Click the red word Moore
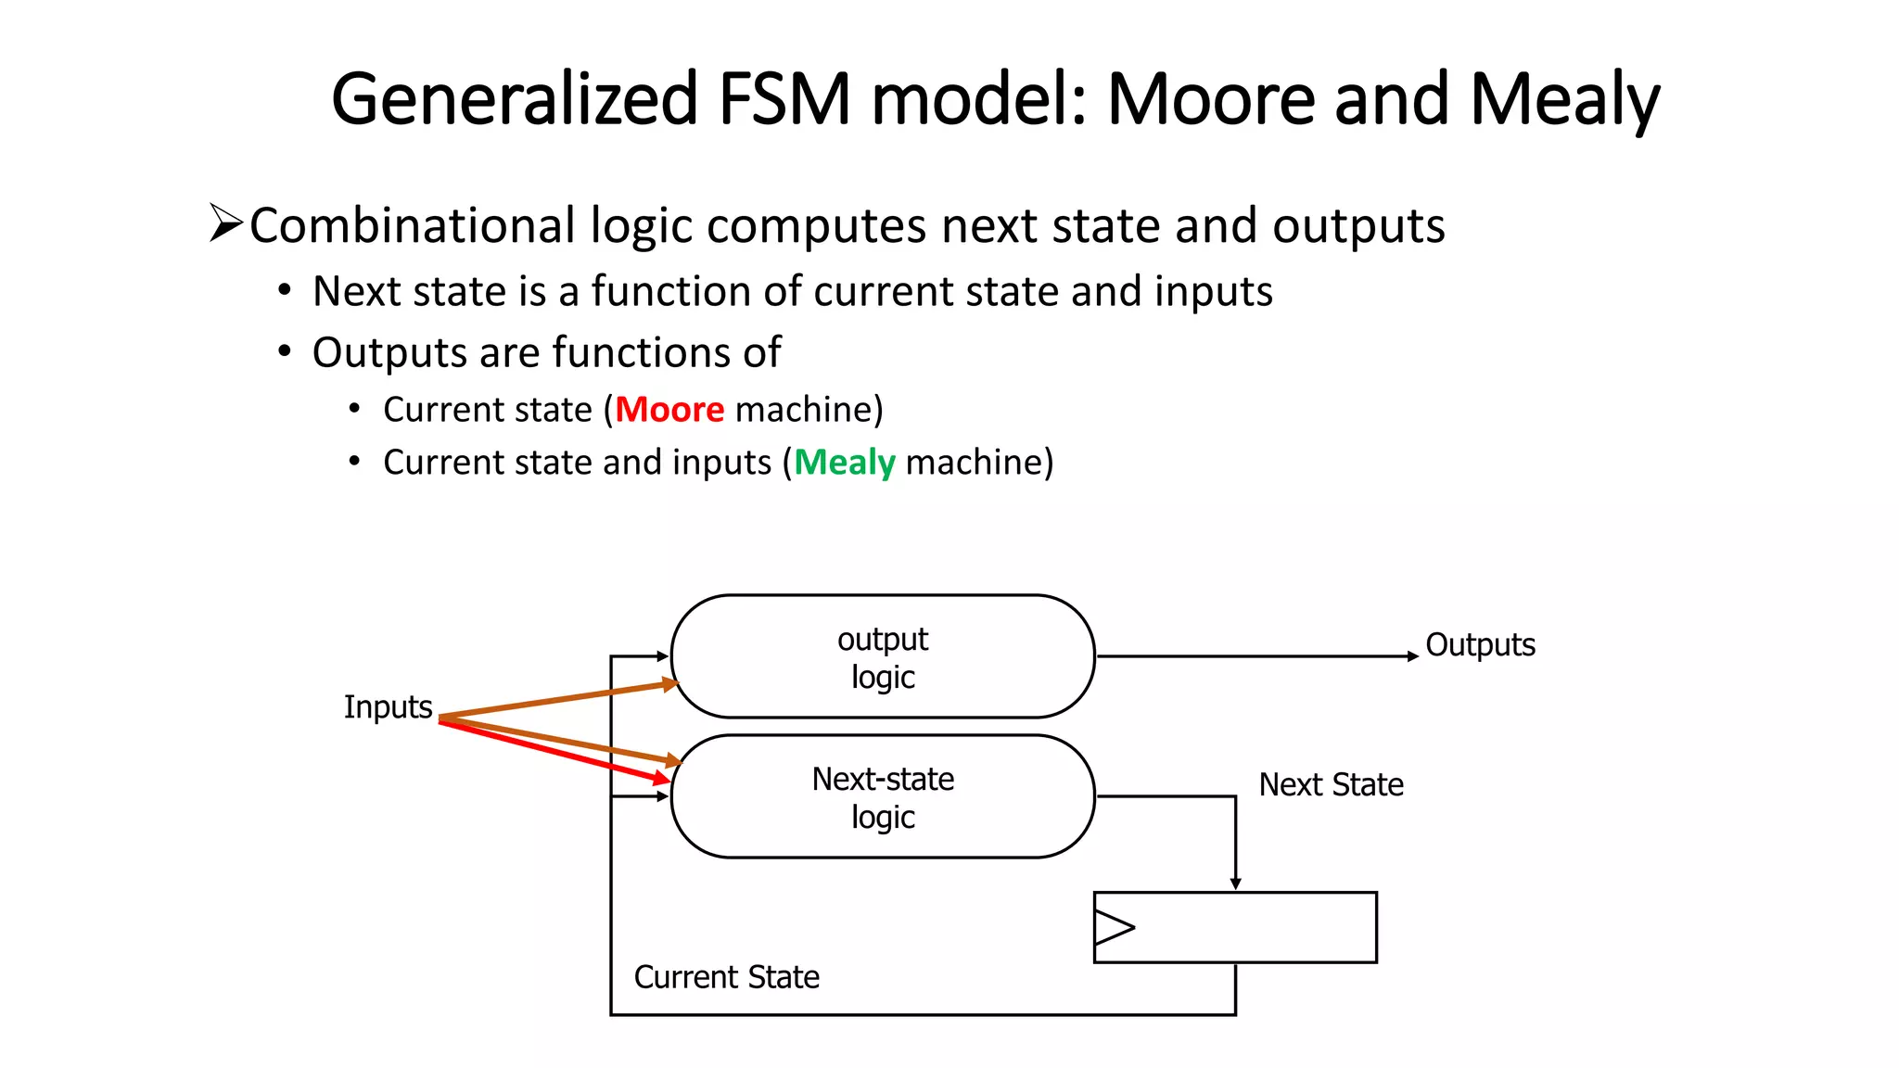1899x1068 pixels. (x=669, y=410)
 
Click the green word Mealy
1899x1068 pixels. (x=844, y=463)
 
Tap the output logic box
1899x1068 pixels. (x=882, y=656)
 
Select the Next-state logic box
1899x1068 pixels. (x=882, y=796)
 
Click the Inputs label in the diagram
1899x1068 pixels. (x=388, y=707)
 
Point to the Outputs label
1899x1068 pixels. (x=1480, y=645)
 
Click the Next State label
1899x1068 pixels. (x=1331, y=785)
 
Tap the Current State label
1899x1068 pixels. (x=726, y=977)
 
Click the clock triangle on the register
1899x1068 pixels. (x=1113, y=927)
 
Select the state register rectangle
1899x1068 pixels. (x=1252, y=927)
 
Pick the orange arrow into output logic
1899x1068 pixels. (x=556, y=700)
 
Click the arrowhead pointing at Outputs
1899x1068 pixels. (x=1413, y=656)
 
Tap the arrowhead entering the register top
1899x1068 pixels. (x=1235, y=884)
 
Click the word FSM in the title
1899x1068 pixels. (x=784, y=99)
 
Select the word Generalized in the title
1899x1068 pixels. (x=515, y=99)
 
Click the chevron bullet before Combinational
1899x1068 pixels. (x=224, y=223)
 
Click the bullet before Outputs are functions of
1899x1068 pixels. (x=285, y=352)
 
